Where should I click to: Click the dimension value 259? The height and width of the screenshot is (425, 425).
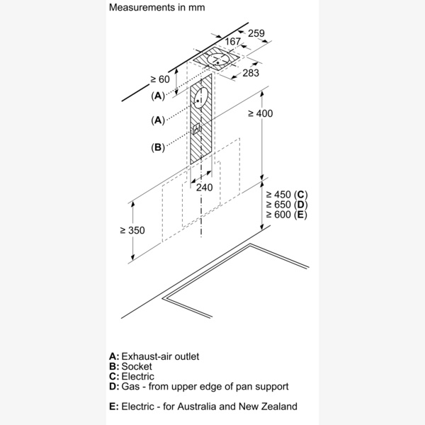point(256,33)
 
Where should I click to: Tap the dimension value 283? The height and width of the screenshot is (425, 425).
point(250,73)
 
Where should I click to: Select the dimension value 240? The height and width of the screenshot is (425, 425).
point(204,187)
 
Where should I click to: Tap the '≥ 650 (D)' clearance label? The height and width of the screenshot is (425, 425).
point(287,205)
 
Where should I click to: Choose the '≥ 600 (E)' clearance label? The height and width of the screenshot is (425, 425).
point(287,215)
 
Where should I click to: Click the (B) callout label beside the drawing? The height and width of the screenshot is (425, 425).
point(157,147)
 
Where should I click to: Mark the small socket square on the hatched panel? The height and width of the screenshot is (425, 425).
point(198,130)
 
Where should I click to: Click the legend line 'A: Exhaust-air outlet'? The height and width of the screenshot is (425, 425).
point(155,356)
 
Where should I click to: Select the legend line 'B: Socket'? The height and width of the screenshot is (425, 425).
point(131,366)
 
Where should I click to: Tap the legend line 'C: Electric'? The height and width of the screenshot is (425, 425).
point(132,376)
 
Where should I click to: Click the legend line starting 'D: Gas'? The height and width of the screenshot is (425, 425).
point(198,387)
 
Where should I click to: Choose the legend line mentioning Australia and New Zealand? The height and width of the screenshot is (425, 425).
point(203,407)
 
